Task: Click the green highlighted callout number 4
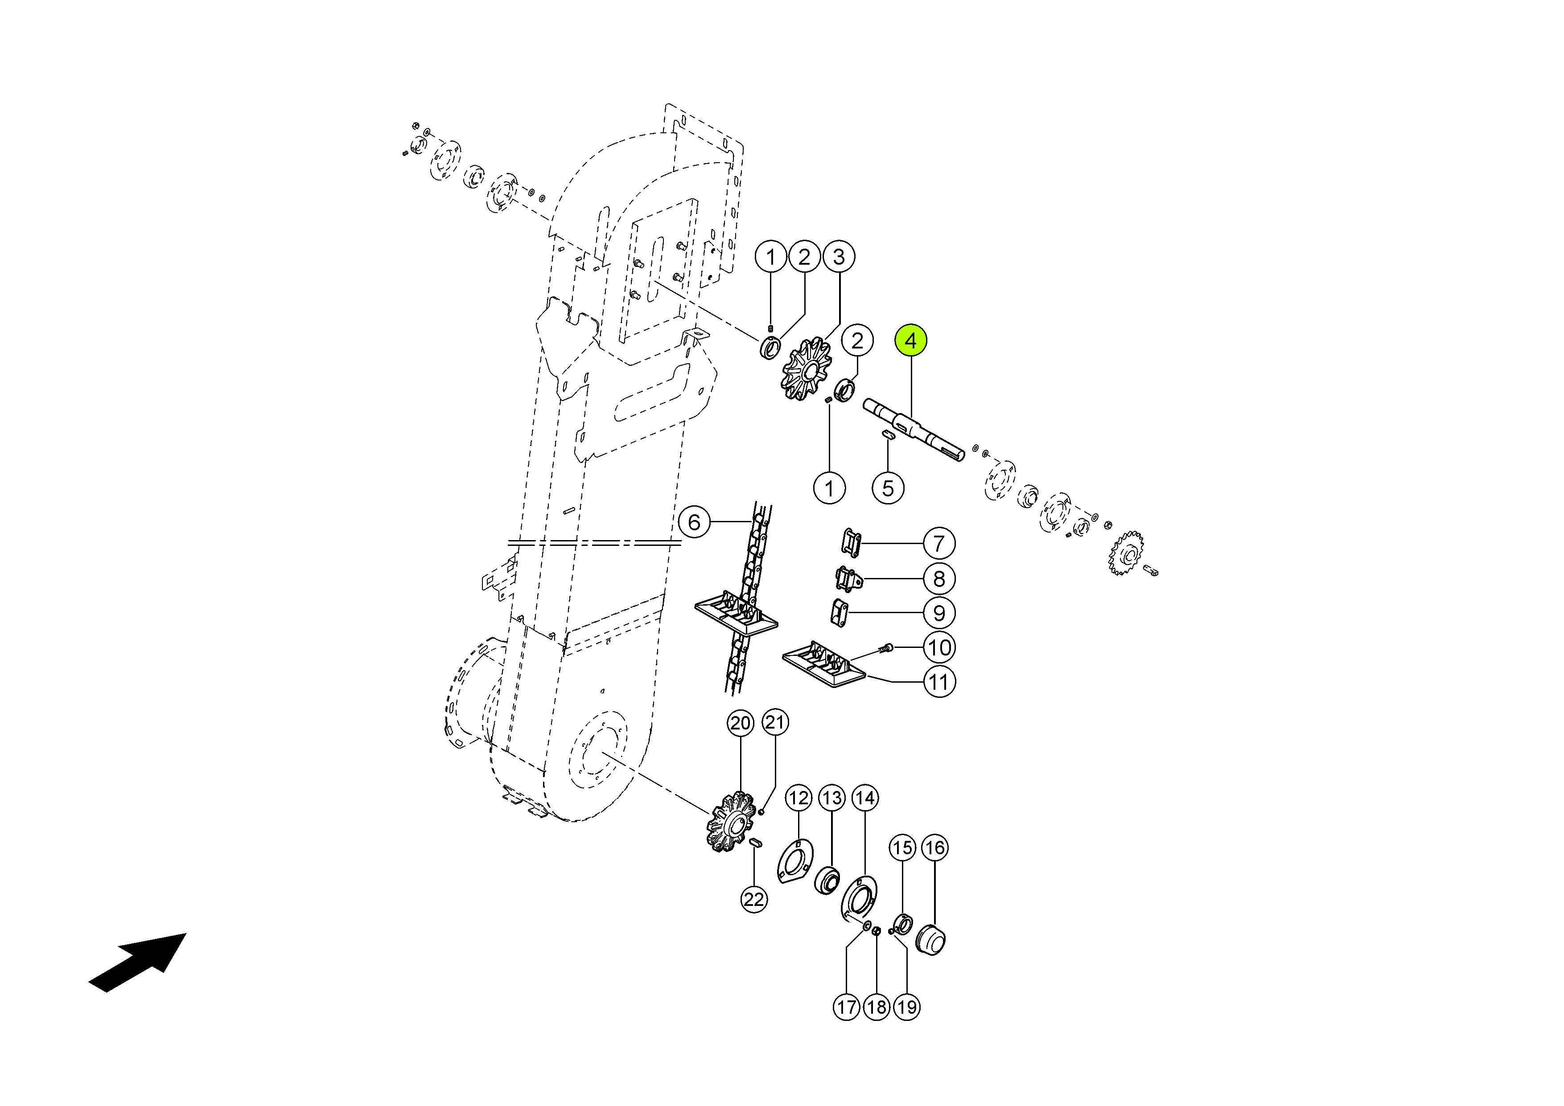[911, 340]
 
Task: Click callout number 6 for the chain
[694, 522]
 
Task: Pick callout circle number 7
[938, 544]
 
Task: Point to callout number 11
[938, 682]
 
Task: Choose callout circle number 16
[934, 848]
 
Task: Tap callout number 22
[754, 900]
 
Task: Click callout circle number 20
[741, 723]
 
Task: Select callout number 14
[865, 798]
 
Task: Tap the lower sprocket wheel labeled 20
[732, 821]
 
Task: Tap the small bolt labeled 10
[886, 648]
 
